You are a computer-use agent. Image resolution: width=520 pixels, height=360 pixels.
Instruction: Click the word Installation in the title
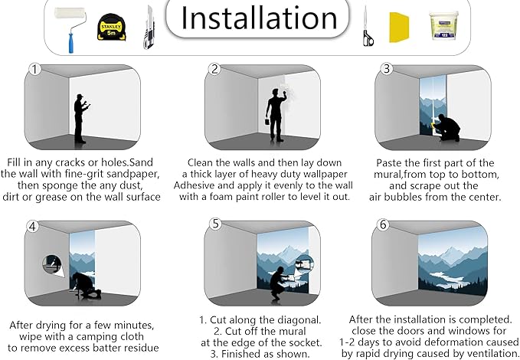(x=259, y=18)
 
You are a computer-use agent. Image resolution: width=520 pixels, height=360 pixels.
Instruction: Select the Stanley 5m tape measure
(x=112, y=28)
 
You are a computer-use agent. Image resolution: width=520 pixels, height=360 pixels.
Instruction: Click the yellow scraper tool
(x=399, y=28)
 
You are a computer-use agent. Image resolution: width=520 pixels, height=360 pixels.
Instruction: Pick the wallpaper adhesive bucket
(x=443, y=25)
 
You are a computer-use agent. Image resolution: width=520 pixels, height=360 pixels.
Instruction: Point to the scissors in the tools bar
(x=368, y=27)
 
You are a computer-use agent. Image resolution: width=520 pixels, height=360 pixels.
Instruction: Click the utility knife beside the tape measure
(x=149, y=28)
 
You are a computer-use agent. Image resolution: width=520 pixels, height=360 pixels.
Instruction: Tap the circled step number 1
(x=34, y=70)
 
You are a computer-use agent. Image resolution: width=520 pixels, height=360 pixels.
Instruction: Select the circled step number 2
(x=214, y=69)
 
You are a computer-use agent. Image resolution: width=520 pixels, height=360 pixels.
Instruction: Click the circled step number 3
(x=386, y=69)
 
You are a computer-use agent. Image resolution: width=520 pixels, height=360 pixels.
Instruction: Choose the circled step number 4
(x=32, y=226)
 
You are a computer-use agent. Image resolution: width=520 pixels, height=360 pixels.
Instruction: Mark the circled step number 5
(x=215, y=224)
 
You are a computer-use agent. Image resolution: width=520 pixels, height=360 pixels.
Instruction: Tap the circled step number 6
(x=383, y=224)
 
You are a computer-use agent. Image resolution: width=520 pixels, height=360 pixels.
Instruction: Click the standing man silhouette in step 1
(x=80, y=119)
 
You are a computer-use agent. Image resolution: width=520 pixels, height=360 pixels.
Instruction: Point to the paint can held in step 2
(x=267, y=122)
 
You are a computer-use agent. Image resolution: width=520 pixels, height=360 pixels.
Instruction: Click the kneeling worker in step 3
(x=446, y=128)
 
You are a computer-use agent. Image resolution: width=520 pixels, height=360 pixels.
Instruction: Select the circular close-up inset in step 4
(x=52, y=264)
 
